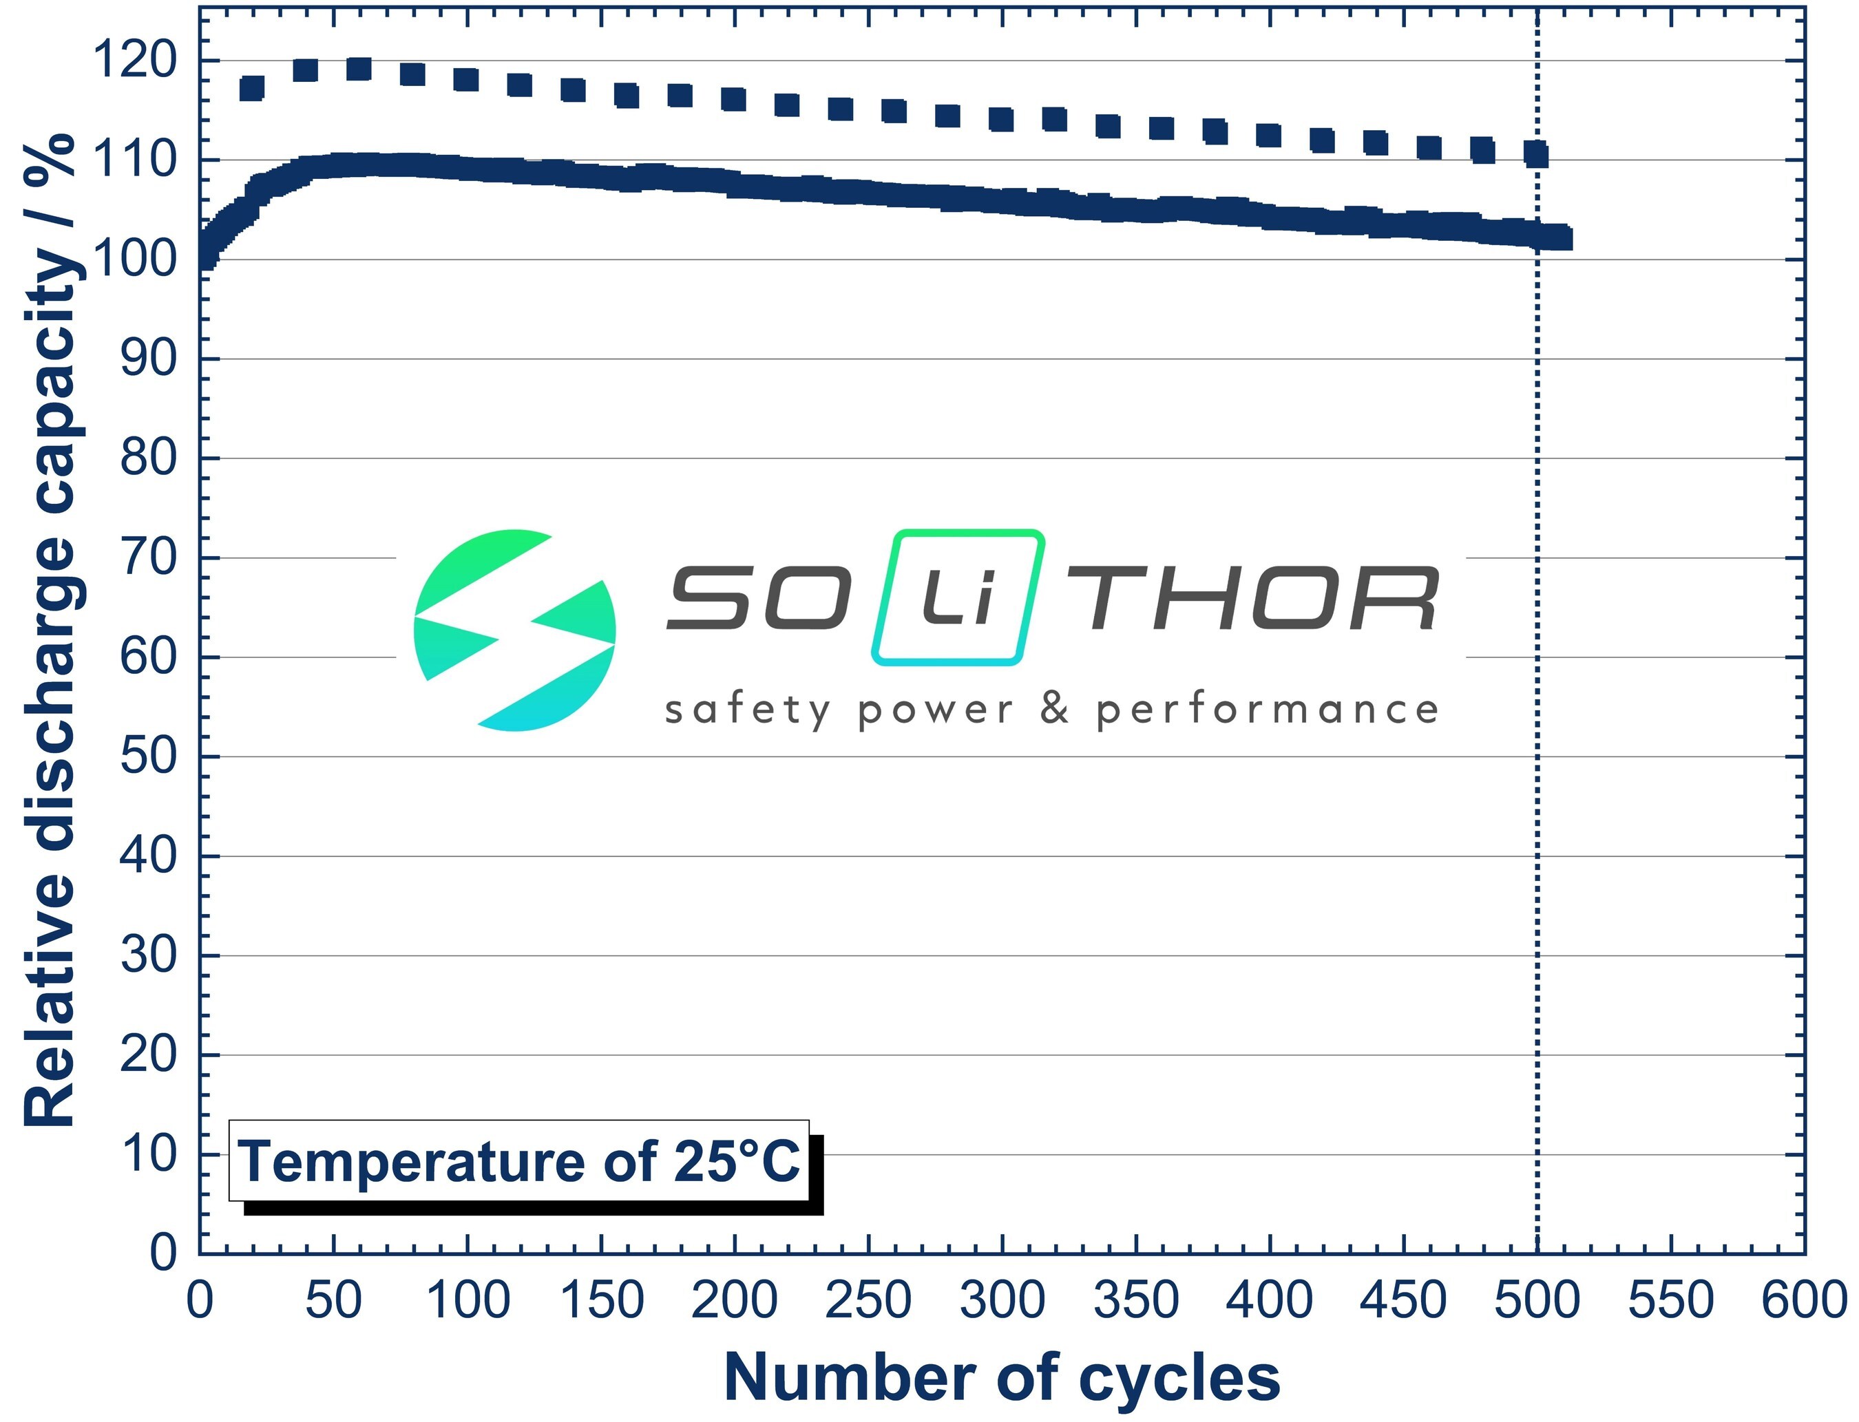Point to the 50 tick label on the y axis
[148, 756]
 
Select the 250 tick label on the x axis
[868, 1300]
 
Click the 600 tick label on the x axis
[1804, 1300]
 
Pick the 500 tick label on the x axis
[1537, 1300]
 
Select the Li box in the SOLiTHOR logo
[958, 597]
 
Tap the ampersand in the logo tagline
[1055, 708]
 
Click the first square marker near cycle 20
[252, 88]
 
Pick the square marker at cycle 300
[1002, 119]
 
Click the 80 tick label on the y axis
[148, 458]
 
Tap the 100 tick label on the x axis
[468, 1300]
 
